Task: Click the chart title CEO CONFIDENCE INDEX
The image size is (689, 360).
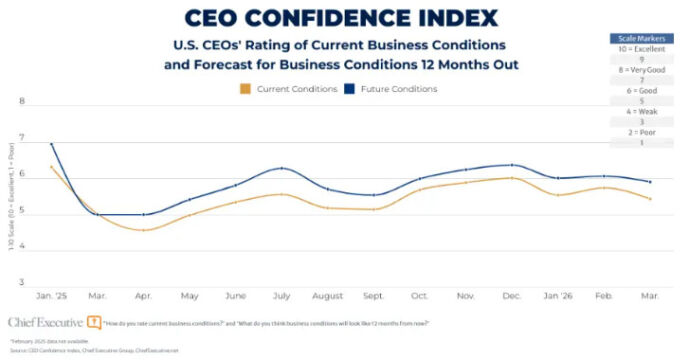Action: tap(341, 17)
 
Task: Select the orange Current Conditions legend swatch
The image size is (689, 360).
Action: tap(246, 89)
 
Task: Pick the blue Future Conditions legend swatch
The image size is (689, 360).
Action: tap(350, 89)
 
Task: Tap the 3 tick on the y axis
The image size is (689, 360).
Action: tap(22, 283)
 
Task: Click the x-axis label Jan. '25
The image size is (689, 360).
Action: tap(51, 295)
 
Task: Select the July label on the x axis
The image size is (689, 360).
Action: tap(283, 295)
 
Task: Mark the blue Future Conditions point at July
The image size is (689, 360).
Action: tap(283, 168)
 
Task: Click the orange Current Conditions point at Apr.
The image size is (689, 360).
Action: tap(145, 230)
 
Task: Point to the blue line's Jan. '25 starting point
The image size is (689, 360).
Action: tap(51, 144)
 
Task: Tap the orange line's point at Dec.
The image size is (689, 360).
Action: tap(513, 178)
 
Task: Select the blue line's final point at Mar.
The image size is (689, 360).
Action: tap(651, 182)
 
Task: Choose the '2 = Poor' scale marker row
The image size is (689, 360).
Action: tap(641, 132)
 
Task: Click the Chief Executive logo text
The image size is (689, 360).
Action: tap(44, 322)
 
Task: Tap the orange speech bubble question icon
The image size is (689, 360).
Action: tap(93, 322)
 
